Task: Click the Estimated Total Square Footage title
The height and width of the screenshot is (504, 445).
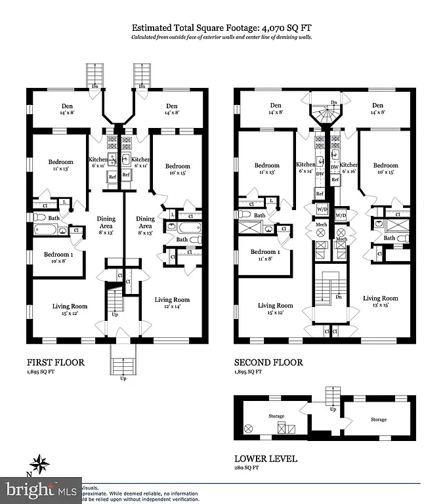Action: (222, 28)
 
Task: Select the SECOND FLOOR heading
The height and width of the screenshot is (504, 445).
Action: (268, 362)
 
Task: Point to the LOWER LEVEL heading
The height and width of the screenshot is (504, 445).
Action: (266, 459)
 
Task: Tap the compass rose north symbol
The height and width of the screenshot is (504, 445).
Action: (39, 464)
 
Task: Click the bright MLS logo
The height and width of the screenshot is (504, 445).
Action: (41, 490)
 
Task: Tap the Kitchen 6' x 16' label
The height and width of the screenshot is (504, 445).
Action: (349, 168)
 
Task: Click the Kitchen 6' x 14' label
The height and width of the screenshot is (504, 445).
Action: (306, 168)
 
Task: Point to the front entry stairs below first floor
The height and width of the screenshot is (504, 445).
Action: (123, 364)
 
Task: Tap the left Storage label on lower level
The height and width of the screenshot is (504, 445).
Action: (276, 416)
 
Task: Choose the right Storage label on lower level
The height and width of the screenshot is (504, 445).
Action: (378, 419)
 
